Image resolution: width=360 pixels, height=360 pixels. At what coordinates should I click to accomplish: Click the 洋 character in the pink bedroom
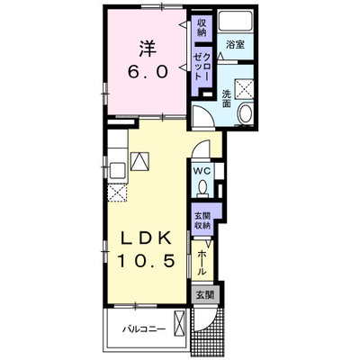coord(148,49)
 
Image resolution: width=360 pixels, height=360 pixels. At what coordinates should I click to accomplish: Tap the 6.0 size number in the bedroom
coord(148,72)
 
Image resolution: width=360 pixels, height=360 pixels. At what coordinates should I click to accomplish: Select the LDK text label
coord(146,238)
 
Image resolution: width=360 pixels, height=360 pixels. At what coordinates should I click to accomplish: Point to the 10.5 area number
coord(146,260)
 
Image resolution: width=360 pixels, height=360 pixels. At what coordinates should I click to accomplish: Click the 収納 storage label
coord(202,27)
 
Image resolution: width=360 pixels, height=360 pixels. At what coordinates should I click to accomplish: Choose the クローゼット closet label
coord(202,66)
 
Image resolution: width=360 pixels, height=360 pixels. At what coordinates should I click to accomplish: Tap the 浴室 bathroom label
coord(235,45)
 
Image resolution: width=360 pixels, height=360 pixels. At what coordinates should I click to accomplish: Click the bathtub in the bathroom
coord(235,21)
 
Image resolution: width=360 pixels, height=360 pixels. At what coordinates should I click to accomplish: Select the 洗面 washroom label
coord(226,99)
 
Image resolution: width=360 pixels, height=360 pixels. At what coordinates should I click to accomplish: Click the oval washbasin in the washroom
coord(246,113)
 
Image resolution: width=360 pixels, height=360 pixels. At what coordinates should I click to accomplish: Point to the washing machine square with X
coord(244,89)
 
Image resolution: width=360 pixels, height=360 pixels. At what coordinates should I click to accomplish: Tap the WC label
coord(203,171)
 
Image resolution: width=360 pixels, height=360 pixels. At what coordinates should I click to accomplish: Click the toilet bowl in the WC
coord(203,187)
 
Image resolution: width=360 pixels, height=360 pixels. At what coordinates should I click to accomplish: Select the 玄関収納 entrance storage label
coord(202,220)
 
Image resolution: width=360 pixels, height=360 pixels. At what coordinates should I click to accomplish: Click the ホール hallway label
coord(202,262)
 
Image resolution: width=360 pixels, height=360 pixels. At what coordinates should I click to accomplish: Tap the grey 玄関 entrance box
coord(204,295)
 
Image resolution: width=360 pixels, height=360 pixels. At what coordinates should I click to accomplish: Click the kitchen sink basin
coord(118,170)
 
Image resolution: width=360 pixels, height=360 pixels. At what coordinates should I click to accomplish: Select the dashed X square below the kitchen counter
coord(118,193)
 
